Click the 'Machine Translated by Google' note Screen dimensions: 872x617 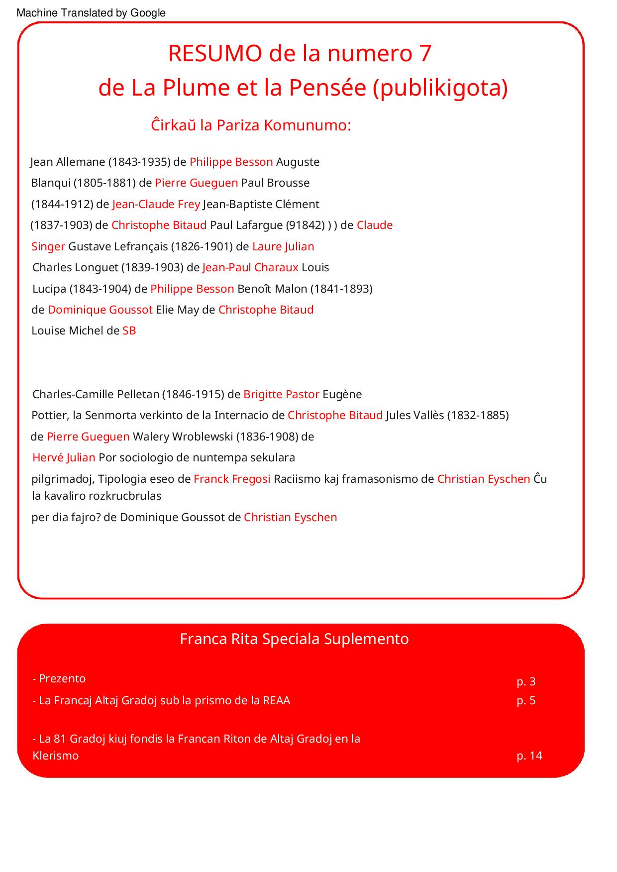(91, 13)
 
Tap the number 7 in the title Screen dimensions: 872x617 (424, 53)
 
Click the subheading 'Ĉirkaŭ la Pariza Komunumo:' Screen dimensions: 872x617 (251, 125)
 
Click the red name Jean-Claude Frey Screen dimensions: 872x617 (156, 204)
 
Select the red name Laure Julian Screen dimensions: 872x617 (283, 246)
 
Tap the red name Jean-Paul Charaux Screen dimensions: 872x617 (250, 267)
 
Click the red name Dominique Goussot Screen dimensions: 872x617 (100, 310)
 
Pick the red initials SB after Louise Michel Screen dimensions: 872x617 (129, 330)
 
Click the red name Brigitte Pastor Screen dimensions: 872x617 (281, 394)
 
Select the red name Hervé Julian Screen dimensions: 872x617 (64, 457)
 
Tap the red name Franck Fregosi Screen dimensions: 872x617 (232, 479)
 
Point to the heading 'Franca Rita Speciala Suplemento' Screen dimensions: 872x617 (294, 639)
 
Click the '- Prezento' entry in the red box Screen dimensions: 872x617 (59, 678)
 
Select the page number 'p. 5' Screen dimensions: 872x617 (526, 700)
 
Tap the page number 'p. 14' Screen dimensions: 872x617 (529, 756)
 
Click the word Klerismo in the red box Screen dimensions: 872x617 (55, 756)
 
